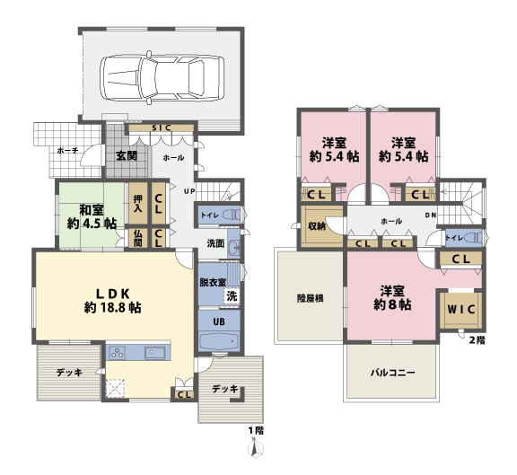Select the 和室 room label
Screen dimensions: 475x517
90,216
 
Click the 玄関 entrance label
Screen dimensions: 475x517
126,156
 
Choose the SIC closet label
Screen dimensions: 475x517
162,128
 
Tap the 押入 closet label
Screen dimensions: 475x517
138,204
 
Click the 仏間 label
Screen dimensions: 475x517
138,237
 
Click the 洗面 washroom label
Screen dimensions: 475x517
215,243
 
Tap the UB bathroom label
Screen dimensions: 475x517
218,321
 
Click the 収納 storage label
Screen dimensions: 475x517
316,226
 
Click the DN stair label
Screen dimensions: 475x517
431,216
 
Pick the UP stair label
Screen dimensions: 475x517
190,191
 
